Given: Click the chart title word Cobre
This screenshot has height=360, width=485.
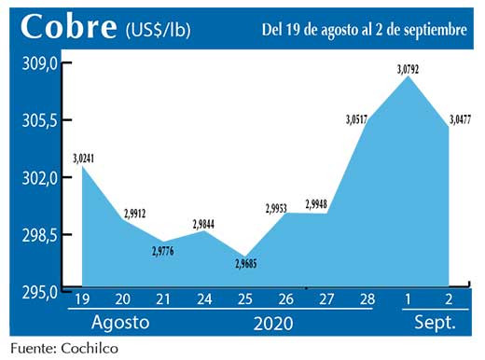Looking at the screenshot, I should pyautogui.click(x=67, y=27).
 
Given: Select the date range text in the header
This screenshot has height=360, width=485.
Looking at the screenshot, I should pyautogui.click(x=364, y=30).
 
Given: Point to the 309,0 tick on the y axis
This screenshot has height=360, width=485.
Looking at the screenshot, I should pyautogui.click(x=41, y=62).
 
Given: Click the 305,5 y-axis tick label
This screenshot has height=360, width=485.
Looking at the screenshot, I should pyautogui.click(x=41, y=120).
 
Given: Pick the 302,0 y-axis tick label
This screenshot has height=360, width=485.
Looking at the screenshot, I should pyautogui.click(x=41, y=177).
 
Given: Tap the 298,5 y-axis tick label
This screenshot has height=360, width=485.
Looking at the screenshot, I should pyautogui.click(x=41, y=234).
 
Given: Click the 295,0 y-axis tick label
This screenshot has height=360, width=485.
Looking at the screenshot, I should pyautogui.click(x=41, y=292).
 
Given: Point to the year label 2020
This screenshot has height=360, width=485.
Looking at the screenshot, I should pyautogui.click(x=270, y=324).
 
